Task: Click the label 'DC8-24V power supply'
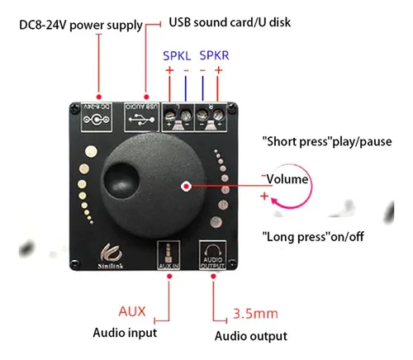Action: point(80,25)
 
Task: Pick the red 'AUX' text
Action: point(131,313)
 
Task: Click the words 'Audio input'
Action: point(126,334)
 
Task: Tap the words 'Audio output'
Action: point(251,335)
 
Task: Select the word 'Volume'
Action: point(287,178)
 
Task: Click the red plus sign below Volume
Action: point(263,197)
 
